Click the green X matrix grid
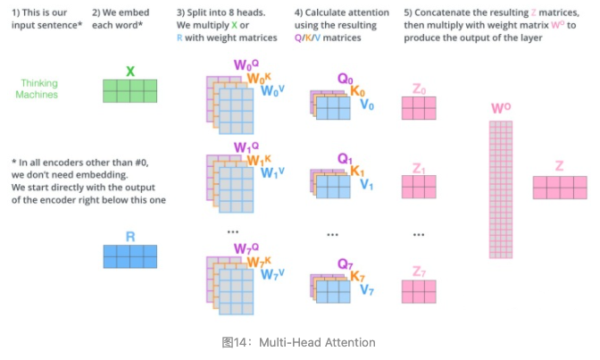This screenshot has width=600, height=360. coord(129,91)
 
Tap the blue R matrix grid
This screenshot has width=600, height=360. coord(129,256)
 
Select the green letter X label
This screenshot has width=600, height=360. coord(130,71)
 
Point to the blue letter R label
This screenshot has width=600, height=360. coord(130,237)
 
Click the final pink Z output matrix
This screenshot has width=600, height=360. coord(560,187)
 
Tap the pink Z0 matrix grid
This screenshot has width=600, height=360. coord(419,108)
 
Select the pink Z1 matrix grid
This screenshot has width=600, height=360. coord(419,187)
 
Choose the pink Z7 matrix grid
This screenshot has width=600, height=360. coord(419,291)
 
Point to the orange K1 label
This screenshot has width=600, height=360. coord(357,172)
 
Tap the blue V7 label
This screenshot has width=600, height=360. coord(367,290)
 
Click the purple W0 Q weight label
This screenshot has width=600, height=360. coord(246,65)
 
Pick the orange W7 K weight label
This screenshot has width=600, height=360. coord(258,262)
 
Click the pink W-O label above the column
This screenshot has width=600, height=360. coord(501,109)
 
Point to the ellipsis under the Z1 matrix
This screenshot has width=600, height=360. coord(419,234)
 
